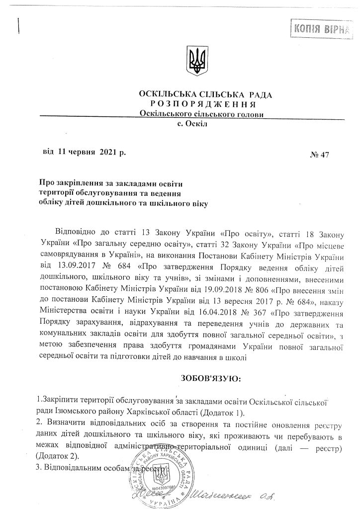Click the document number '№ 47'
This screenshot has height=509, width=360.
coord(320,155)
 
